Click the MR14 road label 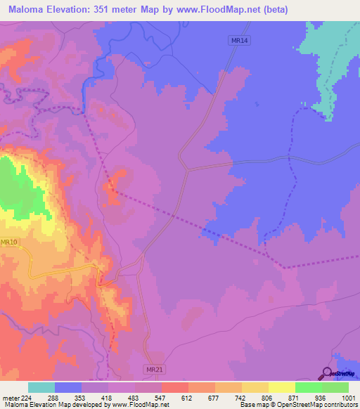[x=240, y=41]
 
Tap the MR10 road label [x=9, y=242]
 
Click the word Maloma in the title [x=29, y=10]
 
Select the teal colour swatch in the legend [x=41, y=387]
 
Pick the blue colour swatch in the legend [x=68, y=387]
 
